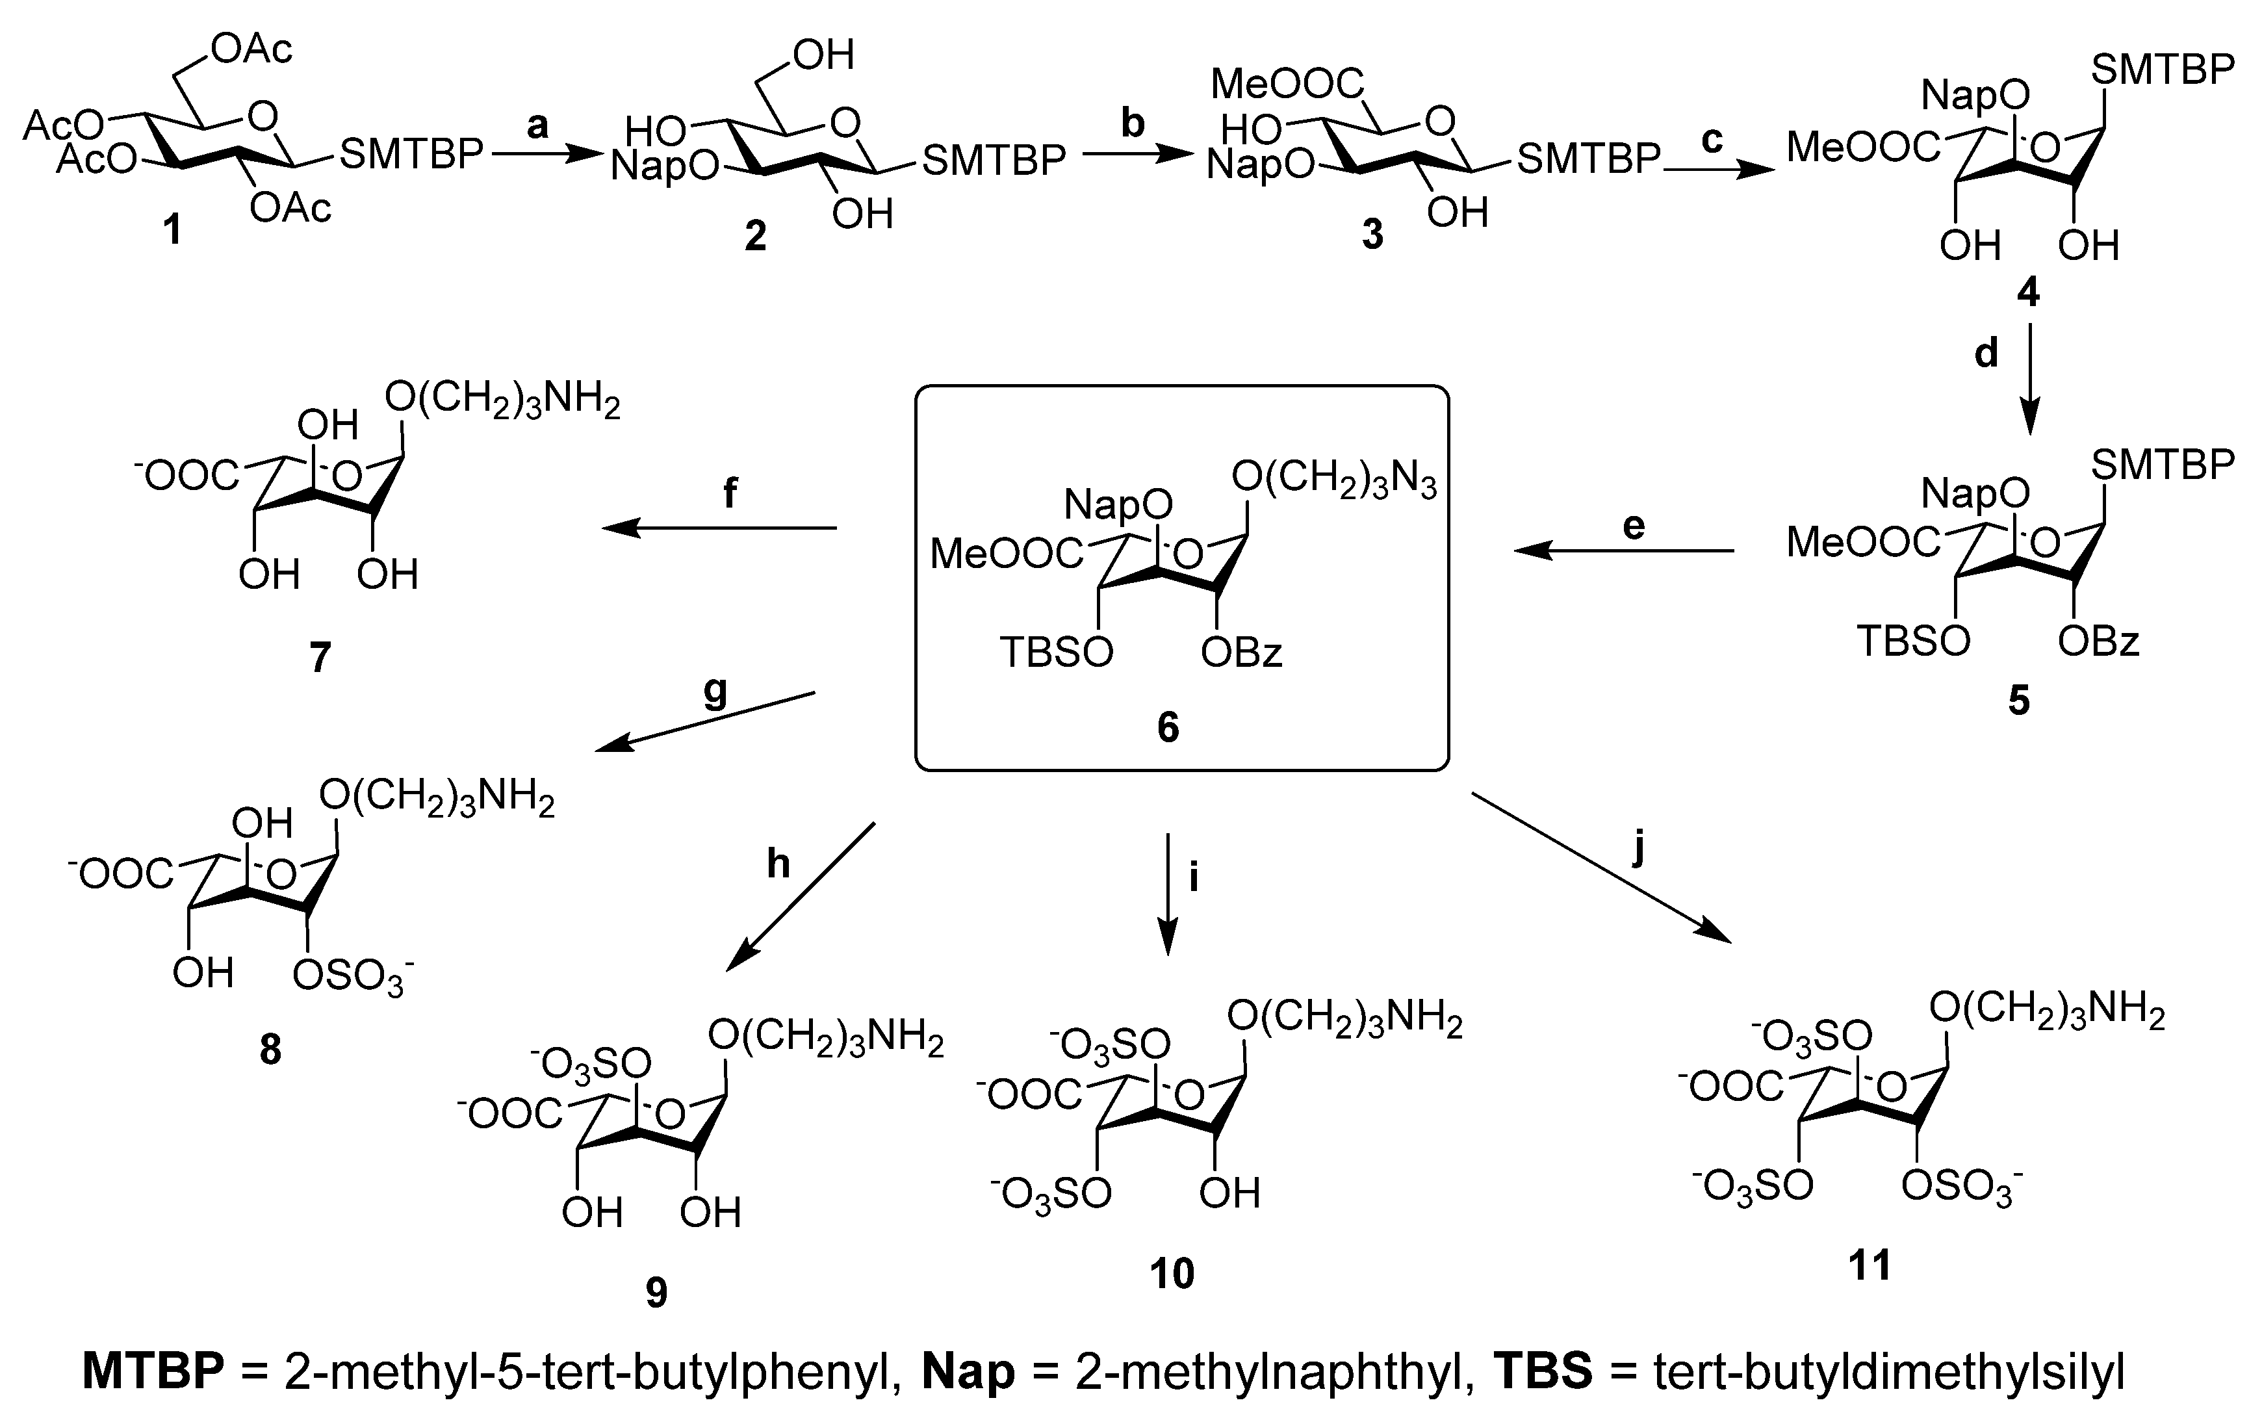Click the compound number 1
[x=172, y=229]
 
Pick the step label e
[x=1634, y=526]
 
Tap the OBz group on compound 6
[x=1241, y=652]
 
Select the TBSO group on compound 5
[x=1914, y=641]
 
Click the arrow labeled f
[x=719, y=528]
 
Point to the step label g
[x=716, y=692]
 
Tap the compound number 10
[x=1172, y=1273]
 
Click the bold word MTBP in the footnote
[x=153, y=1372]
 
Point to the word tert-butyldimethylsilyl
[x=1888, y=1372]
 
